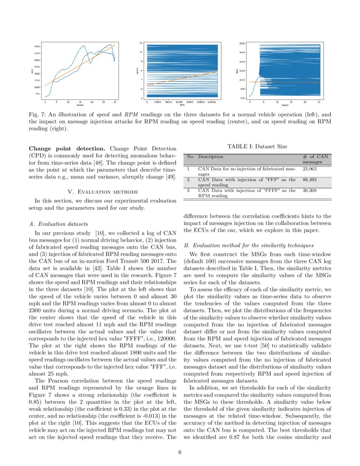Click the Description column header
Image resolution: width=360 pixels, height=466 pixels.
click(x=210, y=157)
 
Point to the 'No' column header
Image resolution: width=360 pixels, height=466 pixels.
click(x=190, y=157)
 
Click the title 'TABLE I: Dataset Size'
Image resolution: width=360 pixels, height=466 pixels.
click(x=258, y=147)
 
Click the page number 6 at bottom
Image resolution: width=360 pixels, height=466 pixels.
click(x=180, y=452)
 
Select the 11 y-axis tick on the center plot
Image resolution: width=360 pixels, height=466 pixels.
click(x=141, y=43)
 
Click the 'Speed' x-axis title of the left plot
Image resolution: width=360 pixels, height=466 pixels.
click(x=80, y=105)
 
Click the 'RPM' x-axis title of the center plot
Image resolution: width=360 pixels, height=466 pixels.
click(x=182, y=105)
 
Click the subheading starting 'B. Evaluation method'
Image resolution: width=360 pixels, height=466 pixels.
click(x=249, y=245)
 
